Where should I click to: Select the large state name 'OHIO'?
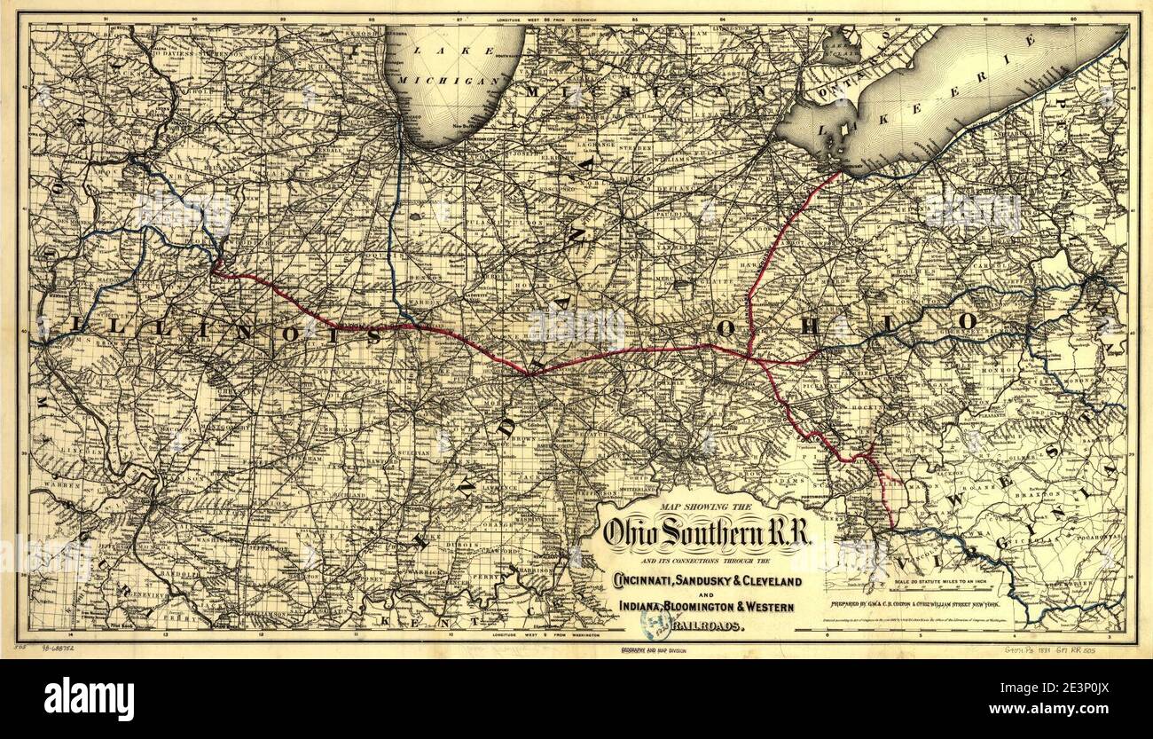[847, 325]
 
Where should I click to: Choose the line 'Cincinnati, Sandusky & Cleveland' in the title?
[706, 581]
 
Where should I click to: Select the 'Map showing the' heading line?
[706, 507]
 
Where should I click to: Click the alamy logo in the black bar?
[89, 698]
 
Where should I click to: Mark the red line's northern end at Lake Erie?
[839, 172]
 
